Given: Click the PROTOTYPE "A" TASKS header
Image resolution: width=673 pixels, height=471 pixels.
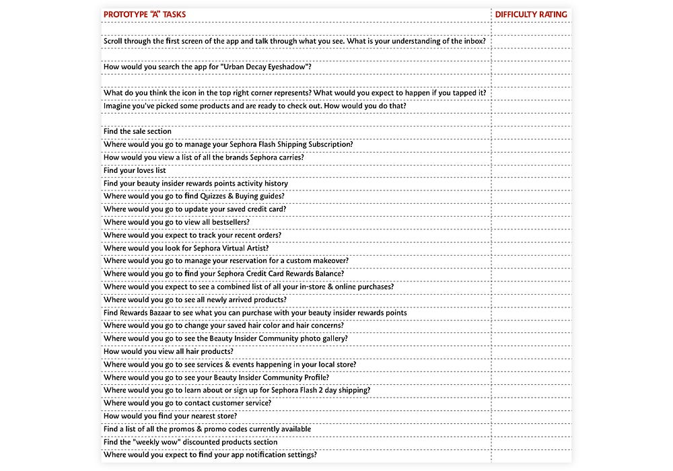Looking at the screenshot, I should click(x=145, y=14).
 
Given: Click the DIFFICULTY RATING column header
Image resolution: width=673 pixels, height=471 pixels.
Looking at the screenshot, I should click(x=531, y=14).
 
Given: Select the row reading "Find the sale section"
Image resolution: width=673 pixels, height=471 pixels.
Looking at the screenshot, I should click(x=137, y=131).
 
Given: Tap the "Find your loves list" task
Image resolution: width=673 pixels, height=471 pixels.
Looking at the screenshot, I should click(x=135, y=170).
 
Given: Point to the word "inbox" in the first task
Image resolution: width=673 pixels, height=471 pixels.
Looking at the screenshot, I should click(x=474, y=41).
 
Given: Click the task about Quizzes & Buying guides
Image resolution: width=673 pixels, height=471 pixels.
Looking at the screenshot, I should click(x=194, y=196).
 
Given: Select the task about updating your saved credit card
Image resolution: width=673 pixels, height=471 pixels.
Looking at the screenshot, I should click(x=194, y=209).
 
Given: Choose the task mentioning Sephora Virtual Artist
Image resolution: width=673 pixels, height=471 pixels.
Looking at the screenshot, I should click(x=186, y=248).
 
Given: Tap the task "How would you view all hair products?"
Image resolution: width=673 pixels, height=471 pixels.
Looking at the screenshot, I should click(x=168, y=351).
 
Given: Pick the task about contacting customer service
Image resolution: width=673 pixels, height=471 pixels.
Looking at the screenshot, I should click(x=187, y=403).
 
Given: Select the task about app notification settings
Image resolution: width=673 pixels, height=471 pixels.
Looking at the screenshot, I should click(x=210, y=455).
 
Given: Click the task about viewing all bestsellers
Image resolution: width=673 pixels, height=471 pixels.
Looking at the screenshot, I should click(x=176, y=222).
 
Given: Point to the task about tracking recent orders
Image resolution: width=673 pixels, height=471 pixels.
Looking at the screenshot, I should click(x=192, y=235).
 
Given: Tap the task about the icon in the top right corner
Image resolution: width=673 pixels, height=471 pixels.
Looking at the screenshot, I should click(x=295, y=93).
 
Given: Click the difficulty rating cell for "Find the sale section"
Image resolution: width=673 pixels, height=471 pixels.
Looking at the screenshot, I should click(x=531, y=131).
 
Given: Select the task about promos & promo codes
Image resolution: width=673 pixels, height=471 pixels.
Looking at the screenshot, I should click(x=207, y=429).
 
